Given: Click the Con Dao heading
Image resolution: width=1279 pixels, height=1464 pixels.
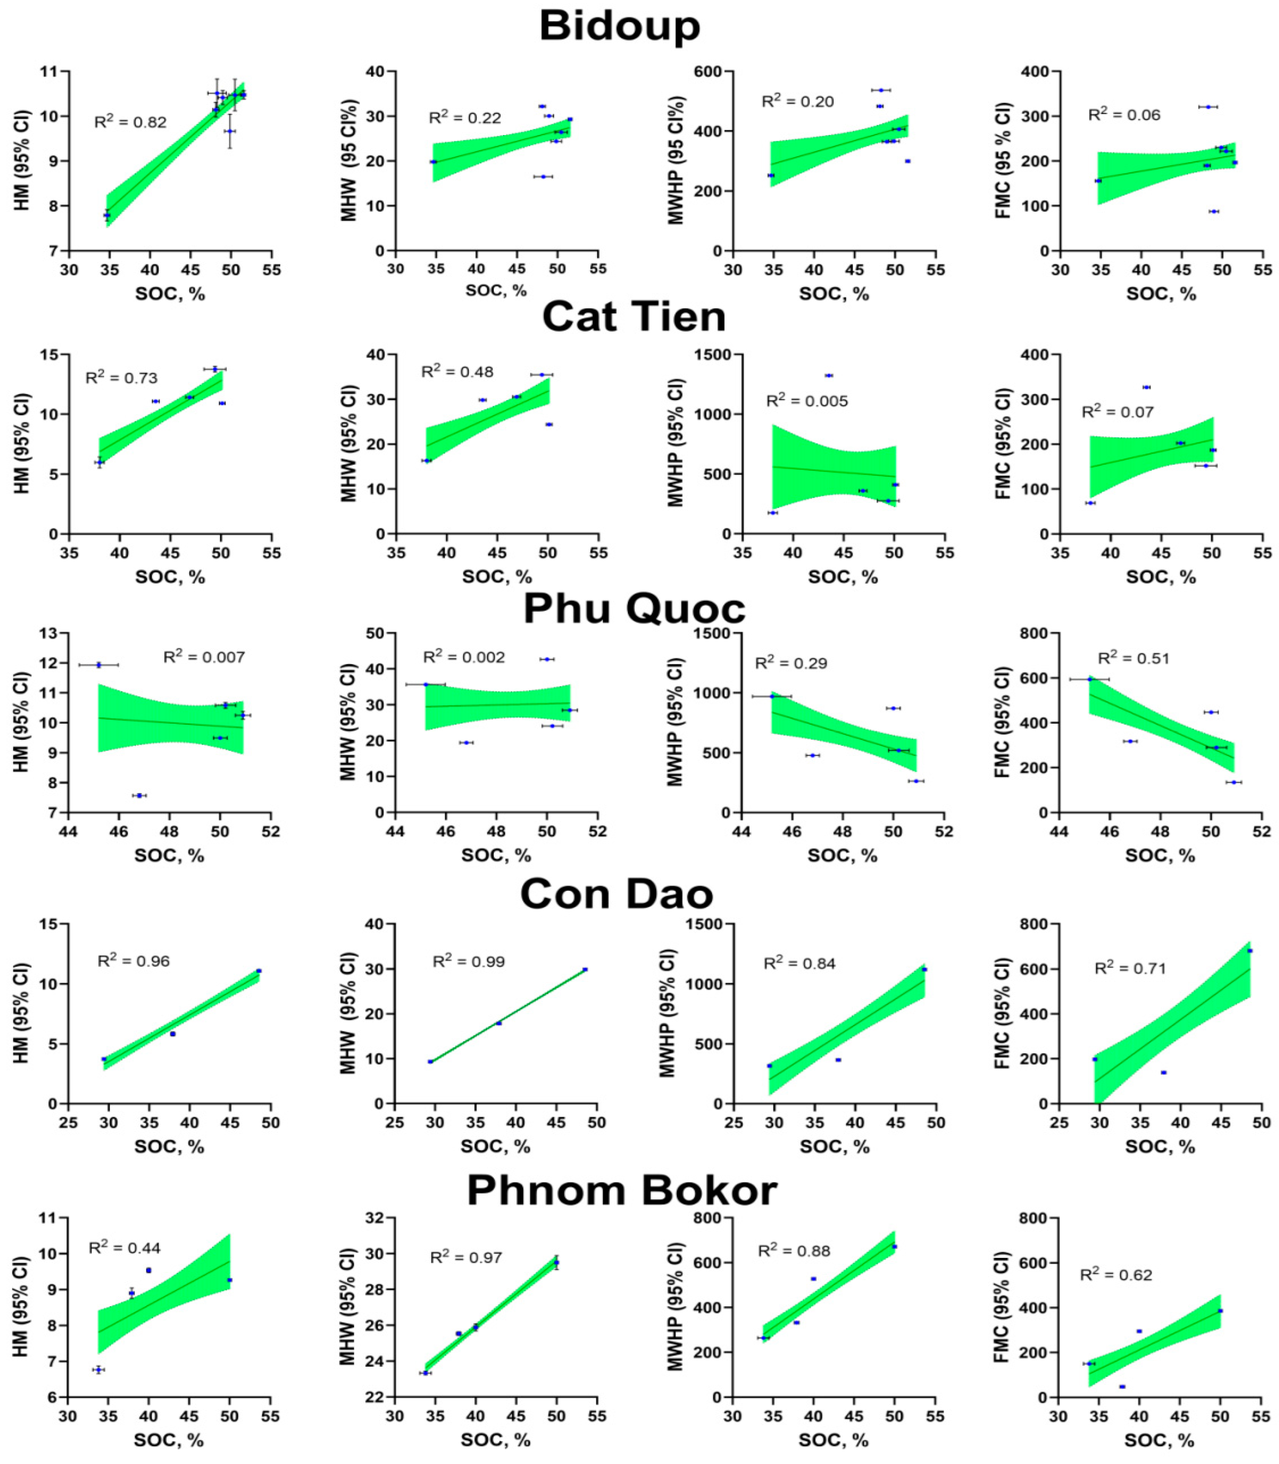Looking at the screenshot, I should click(x=617, y=893).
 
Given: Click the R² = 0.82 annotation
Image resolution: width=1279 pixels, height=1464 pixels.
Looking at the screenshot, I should click(x=131, y=122).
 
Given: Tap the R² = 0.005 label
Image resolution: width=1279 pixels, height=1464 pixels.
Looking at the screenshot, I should click(x=807, y=401).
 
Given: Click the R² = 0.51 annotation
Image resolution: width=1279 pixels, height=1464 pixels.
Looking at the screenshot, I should click(x=1134, y=658).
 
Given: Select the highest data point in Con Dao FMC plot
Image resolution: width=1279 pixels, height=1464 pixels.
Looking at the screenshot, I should click(x=1249, y=951).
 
